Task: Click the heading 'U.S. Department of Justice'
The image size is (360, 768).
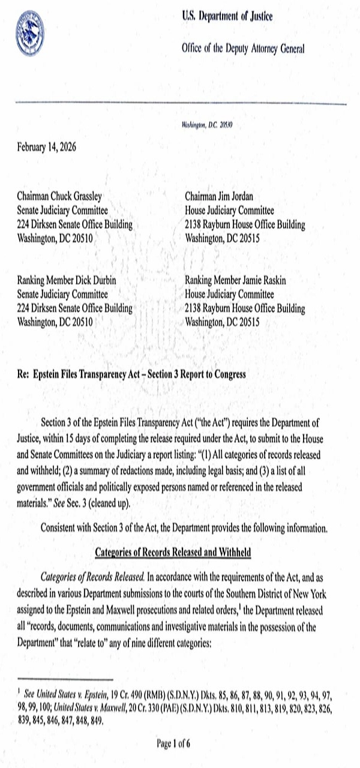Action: coord(227,17)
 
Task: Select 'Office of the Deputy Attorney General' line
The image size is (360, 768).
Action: coord(242,49)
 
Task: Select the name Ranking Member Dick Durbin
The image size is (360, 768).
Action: coord(65,281)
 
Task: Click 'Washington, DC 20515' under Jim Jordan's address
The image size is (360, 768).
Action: coord(223,238)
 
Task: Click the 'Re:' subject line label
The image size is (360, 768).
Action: coord(23,374)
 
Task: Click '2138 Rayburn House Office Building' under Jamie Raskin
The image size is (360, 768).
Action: coord(245,309)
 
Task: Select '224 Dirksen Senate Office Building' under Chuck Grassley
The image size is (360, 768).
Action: coord(74,225)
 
